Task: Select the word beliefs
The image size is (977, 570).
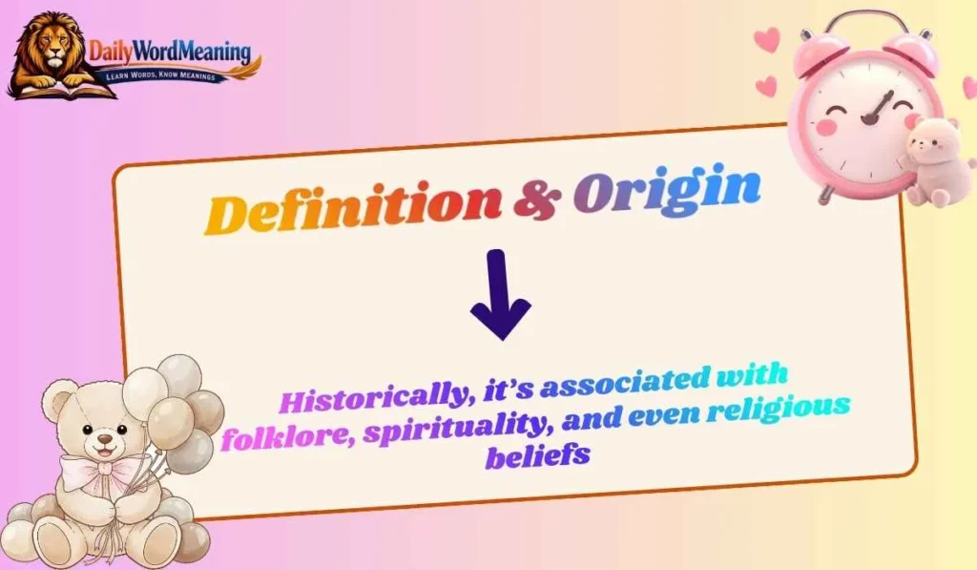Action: tap(536, 455)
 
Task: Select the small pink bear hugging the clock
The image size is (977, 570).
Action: tap(929, 158)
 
